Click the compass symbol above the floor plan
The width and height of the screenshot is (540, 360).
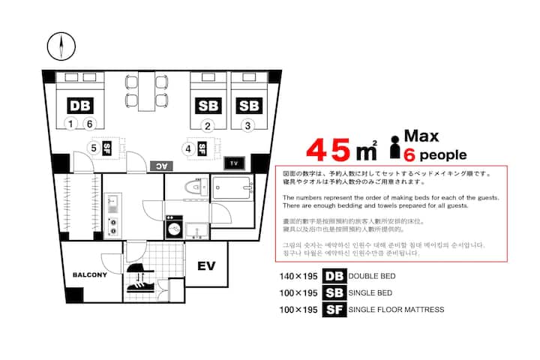[61, 46]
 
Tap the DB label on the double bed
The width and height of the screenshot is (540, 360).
[80, 106]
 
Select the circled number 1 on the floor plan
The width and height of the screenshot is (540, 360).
[70, 123]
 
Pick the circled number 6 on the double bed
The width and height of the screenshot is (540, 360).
[89, 123]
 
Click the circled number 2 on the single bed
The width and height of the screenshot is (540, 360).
[207, 126]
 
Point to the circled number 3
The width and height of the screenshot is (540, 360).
[247, 126]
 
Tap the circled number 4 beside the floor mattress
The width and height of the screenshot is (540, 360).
[188, 148]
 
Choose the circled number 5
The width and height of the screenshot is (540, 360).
[94, 148]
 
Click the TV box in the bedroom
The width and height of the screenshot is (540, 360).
[234, 163]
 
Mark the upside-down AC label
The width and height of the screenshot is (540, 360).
[161, 166]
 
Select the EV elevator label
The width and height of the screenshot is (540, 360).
[207, 265]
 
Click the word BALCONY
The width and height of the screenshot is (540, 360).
[90, 274]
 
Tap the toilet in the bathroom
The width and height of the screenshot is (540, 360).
[196, 187]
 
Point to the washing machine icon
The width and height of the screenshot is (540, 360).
[175, 227]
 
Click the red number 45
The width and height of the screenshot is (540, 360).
[328, 150]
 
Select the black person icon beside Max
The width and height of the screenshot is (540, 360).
[395, 147]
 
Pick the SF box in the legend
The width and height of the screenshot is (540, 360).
[334, 309]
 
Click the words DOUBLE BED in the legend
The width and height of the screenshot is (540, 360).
[372, 276]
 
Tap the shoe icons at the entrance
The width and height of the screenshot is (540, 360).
[140, 277]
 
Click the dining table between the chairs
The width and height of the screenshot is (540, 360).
[147, 91]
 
